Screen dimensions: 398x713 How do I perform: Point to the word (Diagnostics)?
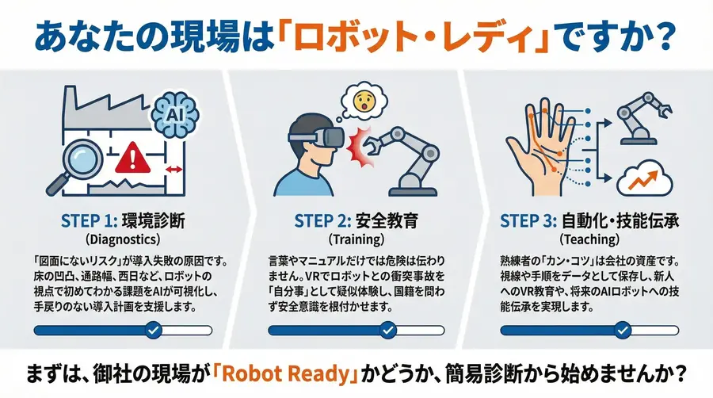pyautogui.click(x=122, y=239)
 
